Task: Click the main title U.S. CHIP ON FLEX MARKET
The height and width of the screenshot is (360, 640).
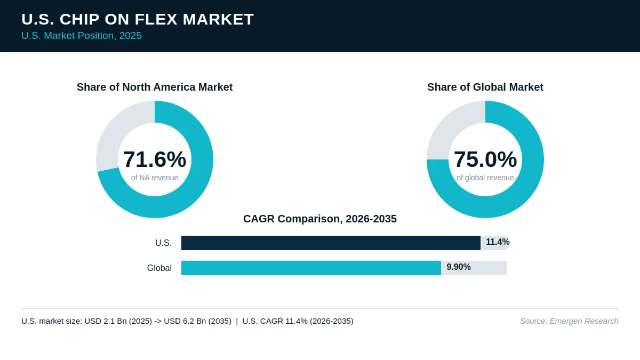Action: tap(138, 19)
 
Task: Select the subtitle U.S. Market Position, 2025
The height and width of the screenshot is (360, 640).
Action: tap(82, 36)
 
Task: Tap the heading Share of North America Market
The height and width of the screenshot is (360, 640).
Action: tap(155, 87)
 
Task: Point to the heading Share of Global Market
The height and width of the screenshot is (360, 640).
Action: tap(485, 87)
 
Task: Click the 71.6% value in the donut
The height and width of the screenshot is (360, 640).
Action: tap(155, 159)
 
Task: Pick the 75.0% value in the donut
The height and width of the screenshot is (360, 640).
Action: tap(485, 159)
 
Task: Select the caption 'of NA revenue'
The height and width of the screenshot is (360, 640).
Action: tap(155, 178)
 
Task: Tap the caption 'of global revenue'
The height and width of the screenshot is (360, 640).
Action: tap(485, 178)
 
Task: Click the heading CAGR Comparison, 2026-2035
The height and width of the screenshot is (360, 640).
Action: tap(320, 219)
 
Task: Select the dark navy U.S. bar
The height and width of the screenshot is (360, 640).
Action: tap(331, 243)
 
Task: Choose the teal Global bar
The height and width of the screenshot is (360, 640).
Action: tap(311, 268)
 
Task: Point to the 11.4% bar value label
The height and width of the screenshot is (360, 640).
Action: tap(498, 242)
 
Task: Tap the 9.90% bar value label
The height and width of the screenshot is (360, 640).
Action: tap(459, 267)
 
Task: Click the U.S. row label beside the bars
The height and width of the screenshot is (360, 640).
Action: tap(163, 243)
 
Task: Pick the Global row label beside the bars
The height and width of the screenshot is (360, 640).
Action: tap(159, 268)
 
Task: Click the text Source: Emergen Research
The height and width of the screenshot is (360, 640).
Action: tap(569, 321)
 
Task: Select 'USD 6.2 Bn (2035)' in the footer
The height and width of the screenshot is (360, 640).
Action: tap(198, 321)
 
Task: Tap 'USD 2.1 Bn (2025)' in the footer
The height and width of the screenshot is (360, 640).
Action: tap(118, 321)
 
